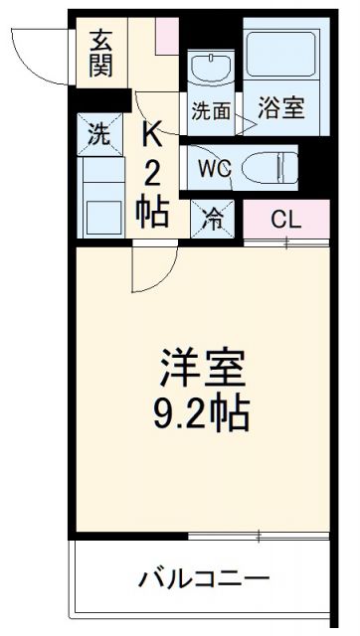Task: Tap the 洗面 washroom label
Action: (210, 112)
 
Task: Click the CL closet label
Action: (285, 220)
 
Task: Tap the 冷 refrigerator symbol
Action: (214, 218)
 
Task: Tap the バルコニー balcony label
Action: (203, 577)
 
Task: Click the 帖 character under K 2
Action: (151, 212)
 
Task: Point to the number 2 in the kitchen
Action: (152, 173)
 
